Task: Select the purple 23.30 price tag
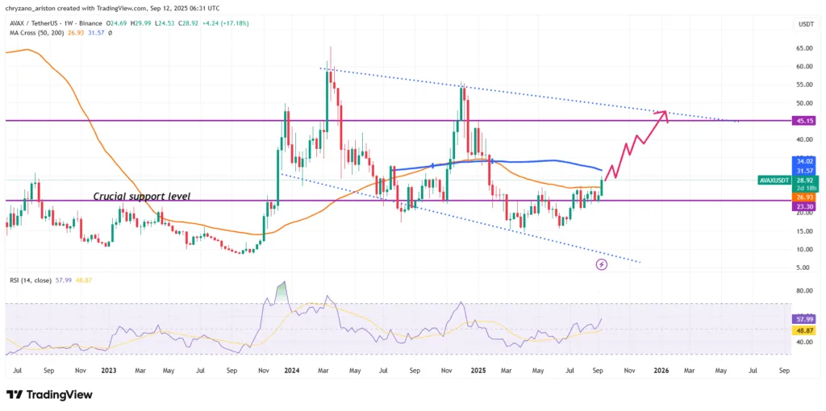pos(805,205)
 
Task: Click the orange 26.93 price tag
pos(805,196)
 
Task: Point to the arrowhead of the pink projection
pos(663,112)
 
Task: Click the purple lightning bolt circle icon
pos(601,264)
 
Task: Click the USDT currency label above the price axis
pos(805,25)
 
